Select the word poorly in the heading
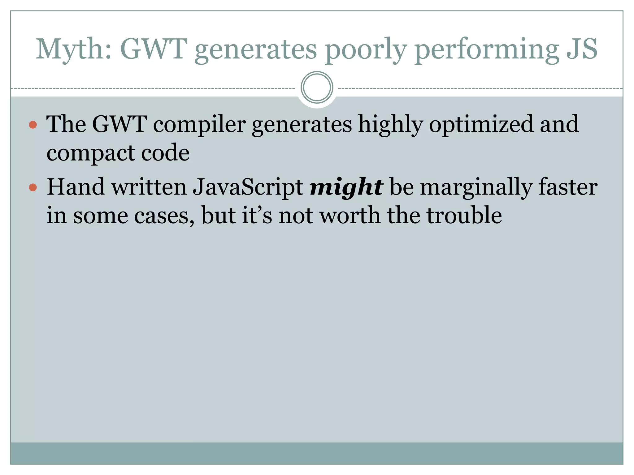[365, 49]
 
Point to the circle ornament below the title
[317, 88]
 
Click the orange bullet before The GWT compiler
[33, 125]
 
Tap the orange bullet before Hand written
[33, 187]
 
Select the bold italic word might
[346, 187]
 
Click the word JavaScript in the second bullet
[248, 187]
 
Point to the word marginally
[476, 187]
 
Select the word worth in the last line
[350, 216]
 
